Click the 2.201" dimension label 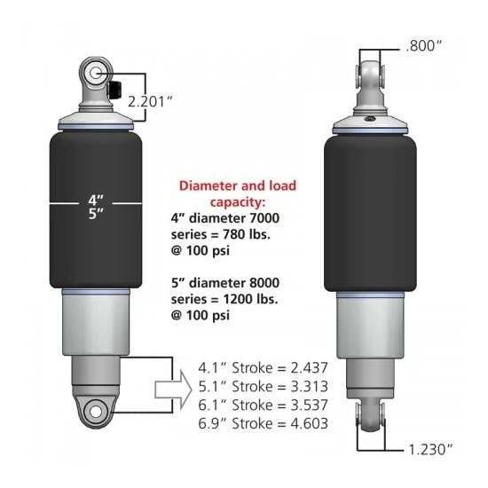click(x=153, y=100)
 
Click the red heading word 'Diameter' click(x=209, y=187)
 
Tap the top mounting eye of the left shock click(x=96, y=73)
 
